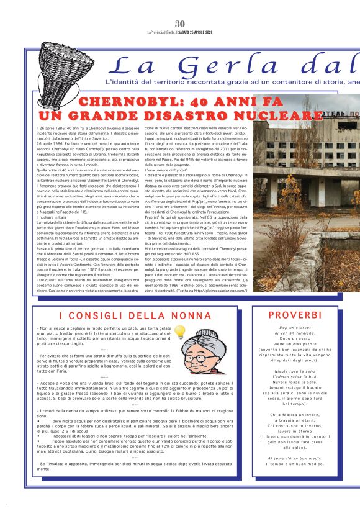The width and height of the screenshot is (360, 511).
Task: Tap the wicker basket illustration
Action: pyautogui.click(x=64, y=64)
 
